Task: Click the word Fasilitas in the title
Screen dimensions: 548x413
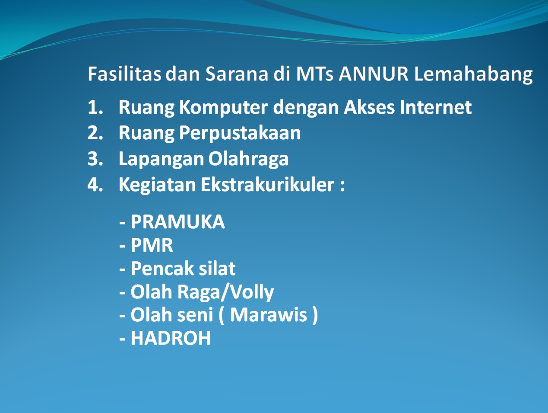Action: (124, 74)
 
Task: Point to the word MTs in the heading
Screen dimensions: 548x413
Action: (314, 74)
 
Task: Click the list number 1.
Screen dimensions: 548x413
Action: (95, 107)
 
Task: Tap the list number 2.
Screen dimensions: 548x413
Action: (95, 132)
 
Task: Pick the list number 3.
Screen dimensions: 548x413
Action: (95, 159)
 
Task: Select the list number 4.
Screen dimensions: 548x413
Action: (95, 185)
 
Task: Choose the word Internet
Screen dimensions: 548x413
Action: (436, 107)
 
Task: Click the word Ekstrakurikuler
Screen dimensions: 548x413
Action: (268, 185)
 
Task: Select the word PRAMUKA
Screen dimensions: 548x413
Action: (178, 221)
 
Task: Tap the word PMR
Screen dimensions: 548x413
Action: (152, 245)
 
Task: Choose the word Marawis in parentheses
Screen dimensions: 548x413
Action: (269, 315)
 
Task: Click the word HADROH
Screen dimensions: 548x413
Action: (171, 338)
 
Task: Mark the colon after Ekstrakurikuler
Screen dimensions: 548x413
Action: (342, 186)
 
